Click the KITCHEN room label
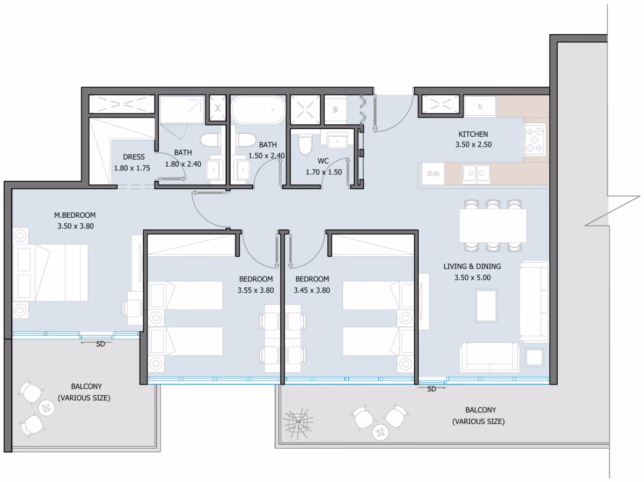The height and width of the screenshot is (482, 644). [473, 134]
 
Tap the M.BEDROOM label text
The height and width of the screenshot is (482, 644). [75, 215]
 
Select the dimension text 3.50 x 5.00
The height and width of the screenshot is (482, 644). [472, 278]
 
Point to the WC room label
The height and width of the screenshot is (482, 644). [323, 161]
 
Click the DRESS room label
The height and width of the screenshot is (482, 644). [134, 157]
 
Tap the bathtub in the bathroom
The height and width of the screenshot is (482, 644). [258, 110]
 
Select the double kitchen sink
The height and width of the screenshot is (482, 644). [476, 174]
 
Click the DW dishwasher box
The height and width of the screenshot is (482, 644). [433, 174]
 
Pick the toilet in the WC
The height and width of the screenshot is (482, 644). [305, 144]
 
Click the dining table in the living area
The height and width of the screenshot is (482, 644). [493, 226]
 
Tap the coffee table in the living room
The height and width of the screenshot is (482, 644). [486, 306]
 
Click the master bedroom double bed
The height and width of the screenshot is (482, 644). [50, 273]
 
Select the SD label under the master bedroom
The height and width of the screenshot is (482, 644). [100, 344]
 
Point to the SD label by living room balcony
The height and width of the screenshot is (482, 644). [431, 389]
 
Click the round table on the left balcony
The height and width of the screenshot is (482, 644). [46, 407]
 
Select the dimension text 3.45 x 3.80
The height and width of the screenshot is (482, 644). [312, 290]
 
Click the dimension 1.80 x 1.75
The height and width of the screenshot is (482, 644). [132, 168]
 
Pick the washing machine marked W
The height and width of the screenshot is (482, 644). [335, 110]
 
